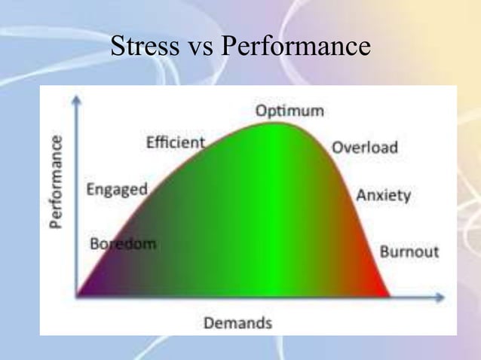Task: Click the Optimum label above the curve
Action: (290, 111)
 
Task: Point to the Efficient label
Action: (176, 142)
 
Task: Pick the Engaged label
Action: (117, 190)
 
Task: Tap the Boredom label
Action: (122, 245)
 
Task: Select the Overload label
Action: (365, 148)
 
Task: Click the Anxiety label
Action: (384, 195)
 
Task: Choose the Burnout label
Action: (409, 252)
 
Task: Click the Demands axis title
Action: (237, 324)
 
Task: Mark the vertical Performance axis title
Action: (57, 182)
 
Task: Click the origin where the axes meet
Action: (76, 296)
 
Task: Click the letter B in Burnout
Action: (384, 252)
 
